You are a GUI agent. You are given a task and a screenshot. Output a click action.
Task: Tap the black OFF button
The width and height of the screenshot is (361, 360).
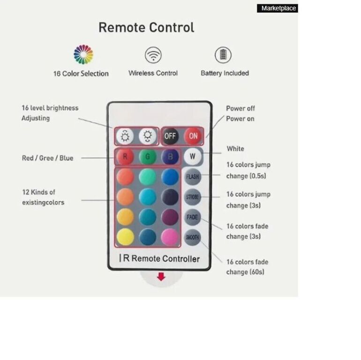(x=170, y=136)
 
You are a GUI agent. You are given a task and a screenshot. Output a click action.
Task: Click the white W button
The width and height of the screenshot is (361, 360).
(x=193, y=157)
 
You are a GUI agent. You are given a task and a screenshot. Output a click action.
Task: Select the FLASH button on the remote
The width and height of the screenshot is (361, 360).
(x=193, y=177)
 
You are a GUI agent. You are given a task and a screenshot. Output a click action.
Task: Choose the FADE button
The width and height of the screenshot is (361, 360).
(x=193, y=217)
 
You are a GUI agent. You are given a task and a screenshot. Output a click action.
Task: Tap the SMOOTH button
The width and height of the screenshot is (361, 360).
(x=193, y=237)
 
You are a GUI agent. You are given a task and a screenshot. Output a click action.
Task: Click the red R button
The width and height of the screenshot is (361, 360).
(x=125, y=157)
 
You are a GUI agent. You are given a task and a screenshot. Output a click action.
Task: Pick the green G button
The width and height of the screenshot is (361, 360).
(x=148, y=157)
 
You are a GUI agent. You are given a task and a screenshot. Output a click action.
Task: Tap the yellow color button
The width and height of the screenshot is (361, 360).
(x=125, y=237)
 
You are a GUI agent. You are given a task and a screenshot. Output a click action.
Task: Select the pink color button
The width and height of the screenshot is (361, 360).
(x=170, y=237)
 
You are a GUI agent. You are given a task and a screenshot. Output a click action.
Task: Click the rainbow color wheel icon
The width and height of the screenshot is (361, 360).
(x=83, y=54)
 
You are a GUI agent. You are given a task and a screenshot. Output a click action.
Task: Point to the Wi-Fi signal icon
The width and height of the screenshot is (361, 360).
(x=153, y=55)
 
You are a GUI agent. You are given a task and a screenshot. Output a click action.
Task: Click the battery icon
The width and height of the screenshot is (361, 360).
(x=223, y=55)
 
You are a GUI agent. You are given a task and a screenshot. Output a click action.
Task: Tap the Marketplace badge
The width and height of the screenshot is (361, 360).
(x=278, y=8)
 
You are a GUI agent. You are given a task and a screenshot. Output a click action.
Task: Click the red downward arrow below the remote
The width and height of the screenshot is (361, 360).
(x=161, y=277)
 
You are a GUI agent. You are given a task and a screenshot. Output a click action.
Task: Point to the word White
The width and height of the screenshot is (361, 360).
(x=235, y=149)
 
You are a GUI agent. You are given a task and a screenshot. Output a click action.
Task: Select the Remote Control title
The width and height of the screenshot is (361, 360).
(x=146, y=27)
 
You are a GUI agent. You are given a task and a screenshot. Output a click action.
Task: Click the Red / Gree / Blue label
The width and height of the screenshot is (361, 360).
(x=48, y=158)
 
